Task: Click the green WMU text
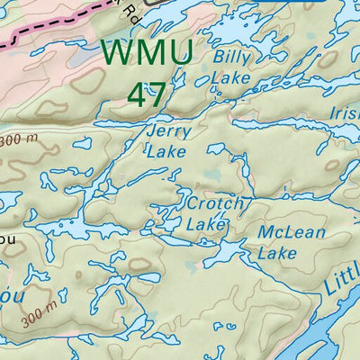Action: click(x=147, y=52)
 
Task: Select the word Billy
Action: click(x=231, y=58)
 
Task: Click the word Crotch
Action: click(x=214, y=204)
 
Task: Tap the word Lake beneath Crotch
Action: click(x=206, y=223)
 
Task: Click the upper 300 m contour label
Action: click(x=19, y=141)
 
